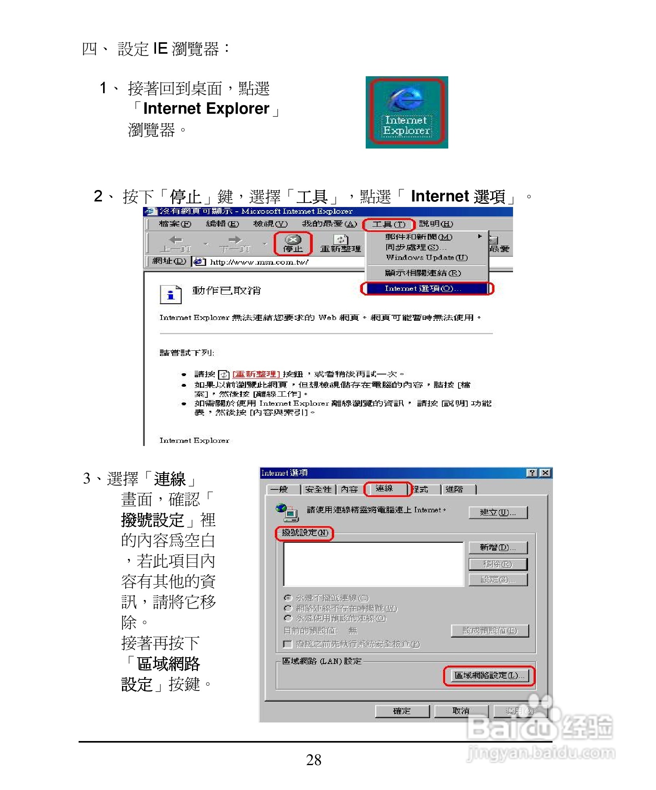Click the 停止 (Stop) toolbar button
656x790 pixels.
pos(293,243)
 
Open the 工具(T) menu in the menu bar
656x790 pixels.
pos(389,224)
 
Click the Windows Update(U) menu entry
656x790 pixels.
pos(427,258)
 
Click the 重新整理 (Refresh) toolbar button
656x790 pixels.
pos(340,244)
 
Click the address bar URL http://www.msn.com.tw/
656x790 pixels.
pos(259,262)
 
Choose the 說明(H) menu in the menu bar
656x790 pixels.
pos(436,224)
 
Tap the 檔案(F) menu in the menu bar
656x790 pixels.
pos(175,224)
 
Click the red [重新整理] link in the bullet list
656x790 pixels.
pos(256,374)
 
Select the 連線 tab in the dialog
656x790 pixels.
pos(385,489)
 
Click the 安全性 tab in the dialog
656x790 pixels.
pos(318,489)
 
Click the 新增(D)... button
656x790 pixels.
pos(498,547)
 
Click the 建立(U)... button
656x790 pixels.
pos(498,512)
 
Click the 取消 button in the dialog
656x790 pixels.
pos(461,711)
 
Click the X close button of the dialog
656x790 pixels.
pos(545,473)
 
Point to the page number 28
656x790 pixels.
pos(314,760)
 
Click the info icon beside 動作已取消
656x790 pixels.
pos(171,294)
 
